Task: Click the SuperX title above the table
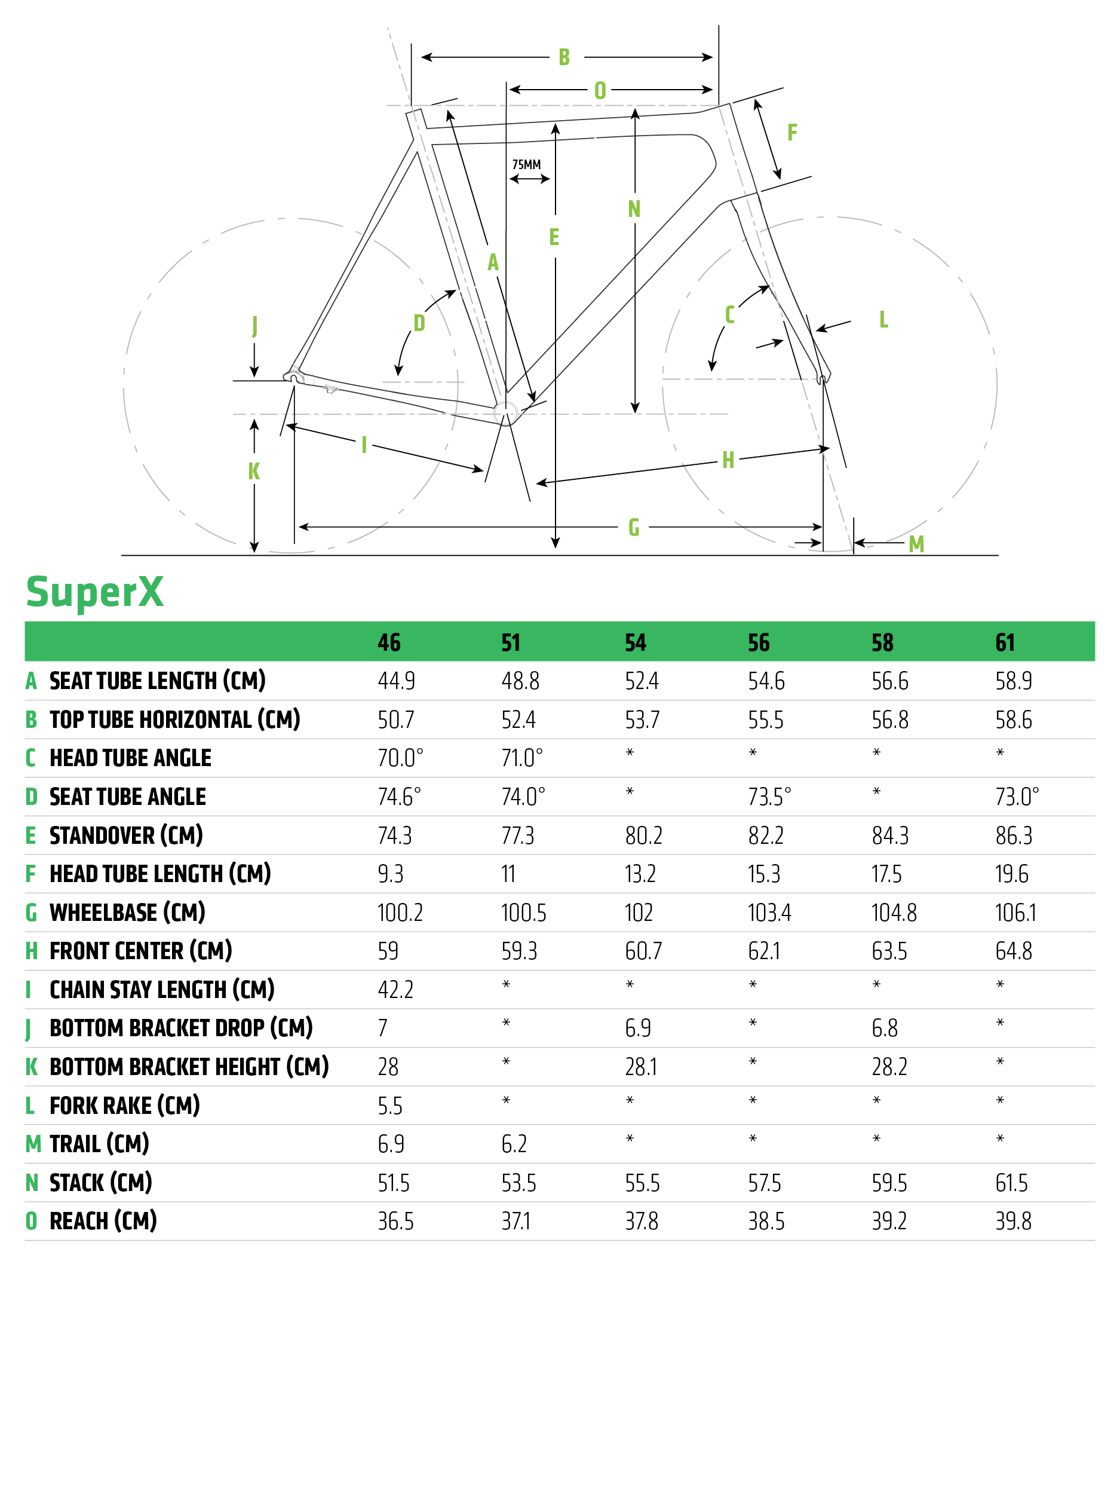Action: tap(94, 592)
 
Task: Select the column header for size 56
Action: tap(758, 642)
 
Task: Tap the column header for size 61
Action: tap(1005, 642)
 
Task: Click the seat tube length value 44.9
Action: tap(396, 681)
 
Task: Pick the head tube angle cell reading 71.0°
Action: tap(521, 758)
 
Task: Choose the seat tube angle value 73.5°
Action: tap(769, 797)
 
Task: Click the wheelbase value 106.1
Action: tap(1015, 913)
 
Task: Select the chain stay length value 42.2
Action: tap(395, 990)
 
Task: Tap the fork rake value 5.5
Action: tap(389, 1106)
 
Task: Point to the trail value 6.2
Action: tap(514, 1144)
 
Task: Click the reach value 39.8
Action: tap(1013, 1221)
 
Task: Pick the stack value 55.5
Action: tap(642, 1183)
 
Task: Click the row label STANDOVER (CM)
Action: tap(125, 835)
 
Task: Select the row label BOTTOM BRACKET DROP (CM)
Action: tap(181, 1028)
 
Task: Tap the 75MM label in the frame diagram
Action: tap(526, 165)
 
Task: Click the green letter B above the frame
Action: tap(564, 57)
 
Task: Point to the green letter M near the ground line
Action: tap(916, 544)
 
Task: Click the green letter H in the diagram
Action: tap(728, 460)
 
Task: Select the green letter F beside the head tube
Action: tap(792, 133)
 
